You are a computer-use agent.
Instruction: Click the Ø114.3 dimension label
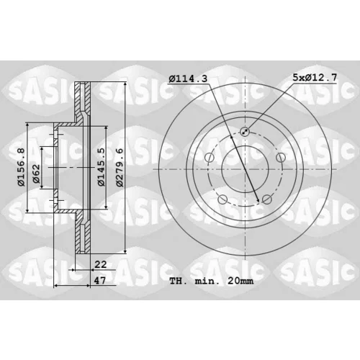click(188, 78)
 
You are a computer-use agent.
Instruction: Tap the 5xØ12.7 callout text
click(315, 77)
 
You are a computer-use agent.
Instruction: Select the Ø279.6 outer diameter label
click(120, 167)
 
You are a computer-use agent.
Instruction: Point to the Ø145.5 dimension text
click(101, 167)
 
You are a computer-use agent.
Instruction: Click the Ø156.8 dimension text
click(21, 167)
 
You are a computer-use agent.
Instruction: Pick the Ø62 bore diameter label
click(36, 174)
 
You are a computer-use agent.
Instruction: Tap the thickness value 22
click(101, 264)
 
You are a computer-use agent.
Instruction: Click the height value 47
click(99, 280)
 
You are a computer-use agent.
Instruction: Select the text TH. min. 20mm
click(211, 281)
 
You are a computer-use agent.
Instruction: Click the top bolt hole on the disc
click(245, 131)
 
